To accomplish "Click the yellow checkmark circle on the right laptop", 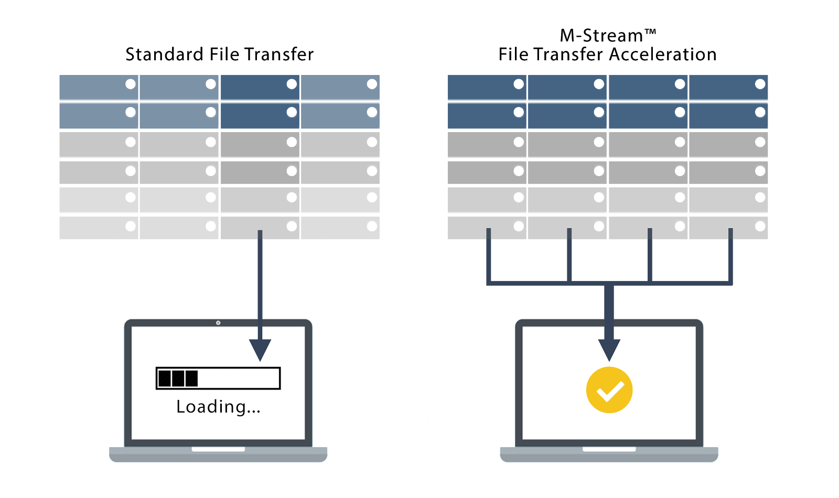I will point(609,390).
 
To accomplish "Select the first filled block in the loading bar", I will point(165,378).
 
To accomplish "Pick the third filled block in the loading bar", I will point(192,378).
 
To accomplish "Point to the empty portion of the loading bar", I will point(239,378).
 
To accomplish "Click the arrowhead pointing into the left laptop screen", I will point(260,349).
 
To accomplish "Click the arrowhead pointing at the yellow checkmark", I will point(609,349).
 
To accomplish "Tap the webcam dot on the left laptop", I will point(218,323).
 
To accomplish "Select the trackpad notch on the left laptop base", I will point(218,449).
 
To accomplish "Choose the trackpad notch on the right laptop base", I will point(609,449).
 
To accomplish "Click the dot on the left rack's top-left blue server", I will point(131,84).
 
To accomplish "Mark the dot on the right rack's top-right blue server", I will point(760,84).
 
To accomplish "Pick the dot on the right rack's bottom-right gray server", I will point(760,226).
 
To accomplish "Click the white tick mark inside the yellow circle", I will point(610,391).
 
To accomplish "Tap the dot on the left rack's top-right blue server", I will point(372,84).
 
